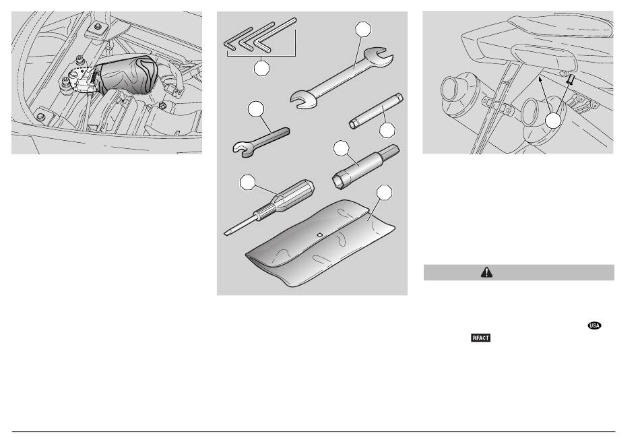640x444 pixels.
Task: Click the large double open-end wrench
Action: tap(342, 78)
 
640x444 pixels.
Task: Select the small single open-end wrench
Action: tap(261, 141)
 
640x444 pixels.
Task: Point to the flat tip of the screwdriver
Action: tap(226, 233)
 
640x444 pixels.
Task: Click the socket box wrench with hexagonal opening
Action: tap(366, 166)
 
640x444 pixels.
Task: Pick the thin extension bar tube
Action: tap(376, 111)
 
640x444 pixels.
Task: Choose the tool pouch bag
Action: tap(320, 243)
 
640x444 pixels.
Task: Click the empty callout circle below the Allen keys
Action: tap(261, 68)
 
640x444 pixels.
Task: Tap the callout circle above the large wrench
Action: tap(363, 29)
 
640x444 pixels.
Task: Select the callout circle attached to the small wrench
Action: tap(256, 108)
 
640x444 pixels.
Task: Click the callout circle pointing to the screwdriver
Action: tap(248, 182)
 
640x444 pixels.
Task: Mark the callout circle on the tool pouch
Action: tap(384, 192)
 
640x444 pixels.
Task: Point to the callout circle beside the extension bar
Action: tap(387, 130)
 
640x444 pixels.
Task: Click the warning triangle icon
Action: tap(486, 272)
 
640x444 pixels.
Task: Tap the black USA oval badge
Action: tap(594, 325)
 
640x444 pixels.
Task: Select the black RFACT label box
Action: tap(480, 338)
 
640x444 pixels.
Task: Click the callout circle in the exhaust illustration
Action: tap(554, 121)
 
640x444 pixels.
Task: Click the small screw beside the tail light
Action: tap(570, 79)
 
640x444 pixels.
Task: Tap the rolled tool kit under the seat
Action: tap(127, 74)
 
